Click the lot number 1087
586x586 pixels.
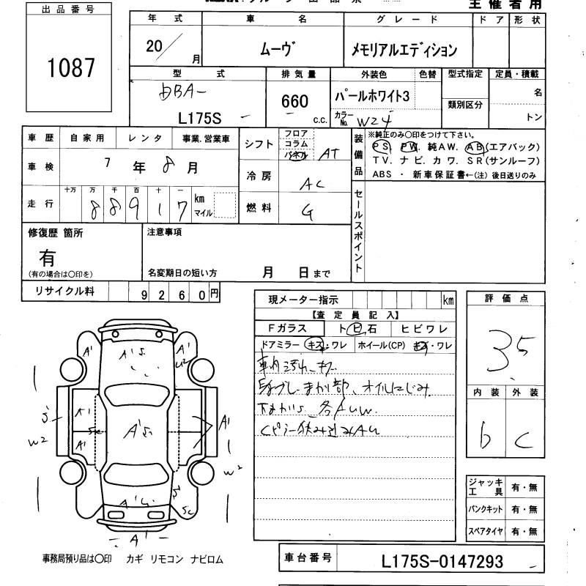(x=71, y=68)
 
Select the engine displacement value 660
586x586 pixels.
(x=294, y=102)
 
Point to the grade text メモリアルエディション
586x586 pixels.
(x=404, y=50)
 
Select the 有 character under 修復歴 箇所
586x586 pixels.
(x=47, y=257)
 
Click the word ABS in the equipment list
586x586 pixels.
(x=382, y=175)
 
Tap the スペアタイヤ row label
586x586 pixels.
(x=485, y=530)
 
